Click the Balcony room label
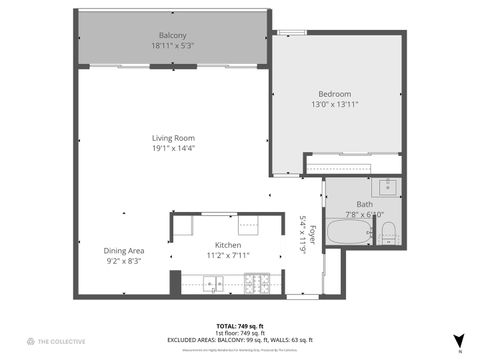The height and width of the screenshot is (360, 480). [172, 36]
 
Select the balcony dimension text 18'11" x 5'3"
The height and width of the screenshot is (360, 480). [172, 46]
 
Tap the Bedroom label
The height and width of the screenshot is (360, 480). [334, 94]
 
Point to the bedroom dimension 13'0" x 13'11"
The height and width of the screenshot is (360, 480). [334, 104]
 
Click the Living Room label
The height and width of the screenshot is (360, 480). [173, 138]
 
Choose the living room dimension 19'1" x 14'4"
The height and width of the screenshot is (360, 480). [173, 148]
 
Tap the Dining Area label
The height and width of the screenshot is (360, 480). [124, 250]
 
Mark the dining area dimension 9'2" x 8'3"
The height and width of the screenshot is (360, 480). [124, 260]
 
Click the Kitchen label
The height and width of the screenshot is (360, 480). [228, 246]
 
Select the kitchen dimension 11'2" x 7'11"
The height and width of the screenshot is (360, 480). [228, 256]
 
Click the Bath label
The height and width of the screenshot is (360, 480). [364, 204]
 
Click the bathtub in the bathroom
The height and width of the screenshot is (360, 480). [349, 236]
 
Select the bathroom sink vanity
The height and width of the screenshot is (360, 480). [387, 186]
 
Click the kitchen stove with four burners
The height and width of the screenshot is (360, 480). [255, 284]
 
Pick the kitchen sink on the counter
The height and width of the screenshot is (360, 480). [214, 285]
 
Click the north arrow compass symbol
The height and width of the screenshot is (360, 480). [459, 340]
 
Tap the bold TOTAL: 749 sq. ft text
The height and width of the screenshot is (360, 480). [240, 326]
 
